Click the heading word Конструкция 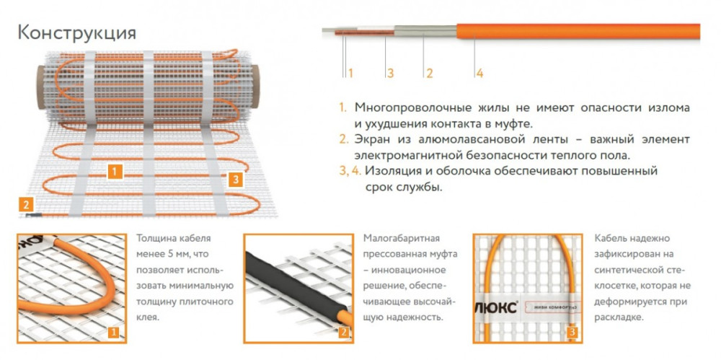pyautogui.click(x=77, y=34)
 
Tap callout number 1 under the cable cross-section pyautogui.click(x=350, y=73)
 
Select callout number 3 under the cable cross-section pyautogui.click(x=390, y=73)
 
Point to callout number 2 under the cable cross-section pyautogui.click(x=429, y=73)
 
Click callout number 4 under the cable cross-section pyautogui.click(x=479, y=73)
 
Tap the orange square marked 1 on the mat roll pyautogui.click(x=115, y=172)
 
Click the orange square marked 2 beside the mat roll pyautogui.click(x=26, y=204)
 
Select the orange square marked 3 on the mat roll pyautogui.click(x=236, y=179)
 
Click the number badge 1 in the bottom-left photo pyautogui.click(x=115, y=331)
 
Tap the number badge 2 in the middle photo pyautogui.click(x=342, y=331)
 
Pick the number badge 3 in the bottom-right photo pyautogui.click(x=572, y=331)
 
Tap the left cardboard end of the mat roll pyautogui.click(x=43, y=87)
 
